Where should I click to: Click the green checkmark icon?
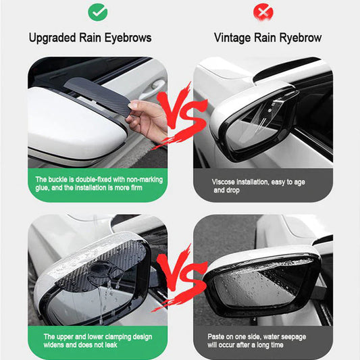coord(97,11)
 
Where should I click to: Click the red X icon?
coord(263,11)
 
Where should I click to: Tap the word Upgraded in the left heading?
coord(52,38)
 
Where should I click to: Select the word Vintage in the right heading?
coord(232,38)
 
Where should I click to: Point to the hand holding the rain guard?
coord(148,120)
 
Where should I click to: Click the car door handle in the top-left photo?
coord(153,88)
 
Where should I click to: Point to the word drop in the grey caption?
coord(233,190)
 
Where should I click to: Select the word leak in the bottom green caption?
coord(111,345)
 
